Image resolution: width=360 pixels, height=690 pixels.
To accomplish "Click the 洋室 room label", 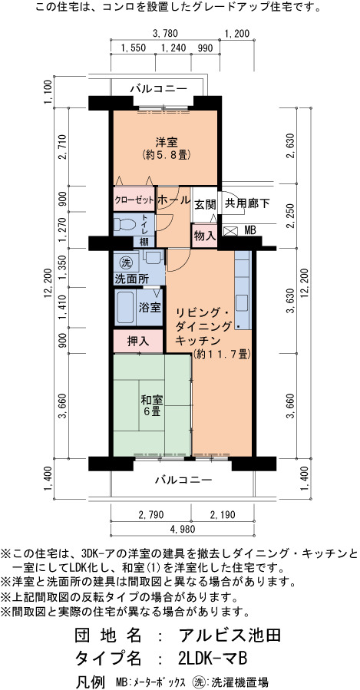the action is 167,142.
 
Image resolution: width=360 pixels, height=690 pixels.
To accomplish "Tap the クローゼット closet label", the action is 134,200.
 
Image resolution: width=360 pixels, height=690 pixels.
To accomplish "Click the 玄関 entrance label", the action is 205,204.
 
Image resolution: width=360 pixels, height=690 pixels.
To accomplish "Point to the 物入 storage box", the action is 205,236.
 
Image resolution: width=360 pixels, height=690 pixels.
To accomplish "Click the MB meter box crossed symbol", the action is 230,230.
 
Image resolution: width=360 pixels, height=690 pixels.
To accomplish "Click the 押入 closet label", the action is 138,341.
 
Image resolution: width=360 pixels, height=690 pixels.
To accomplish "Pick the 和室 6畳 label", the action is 151,406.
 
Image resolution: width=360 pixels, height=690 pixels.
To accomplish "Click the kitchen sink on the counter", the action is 243,302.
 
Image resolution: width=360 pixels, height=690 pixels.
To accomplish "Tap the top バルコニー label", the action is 158,89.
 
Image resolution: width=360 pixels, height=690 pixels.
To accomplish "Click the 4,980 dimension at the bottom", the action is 182,529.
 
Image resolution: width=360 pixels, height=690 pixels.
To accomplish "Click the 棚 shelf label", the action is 144,242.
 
